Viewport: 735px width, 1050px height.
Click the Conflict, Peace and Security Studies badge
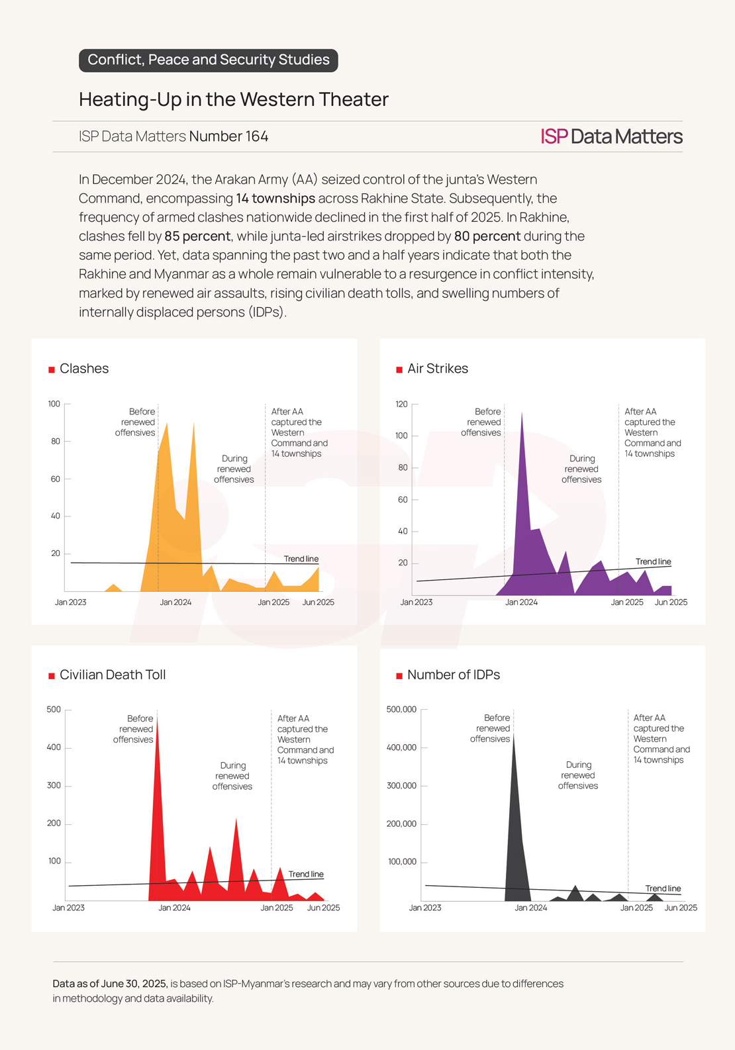coord(208,60)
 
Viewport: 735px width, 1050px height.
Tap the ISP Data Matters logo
coord(611,136)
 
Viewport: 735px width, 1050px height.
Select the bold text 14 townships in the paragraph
coord(275,199)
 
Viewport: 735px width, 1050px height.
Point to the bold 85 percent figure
coord(197,236)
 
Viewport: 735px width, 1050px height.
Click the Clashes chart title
coord(83,369)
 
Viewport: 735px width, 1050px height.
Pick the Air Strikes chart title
coord(437,369)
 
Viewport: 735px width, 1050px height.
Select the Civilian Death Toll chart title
coord(113,675)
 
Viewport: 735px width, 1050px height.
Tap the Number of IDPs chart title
coord(453,675)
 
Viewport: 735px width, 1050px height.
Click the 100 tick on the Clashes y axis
coord(54,404)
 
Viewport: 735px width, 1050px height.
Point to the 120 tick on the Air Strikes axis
coord(401,404)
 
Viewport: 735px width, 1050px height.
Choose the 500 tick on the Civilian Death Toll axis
coord(54,710)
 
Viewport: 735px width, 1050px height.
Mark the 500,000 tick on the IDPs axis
coord(401,710)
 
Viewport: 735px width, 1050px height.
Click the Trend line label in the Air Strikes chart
coord(653,561)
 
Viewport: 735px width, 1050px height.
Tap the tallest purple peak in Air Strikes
coord(522,414)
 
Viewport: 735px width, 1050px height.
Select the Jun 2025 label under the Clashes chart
coord(318,602)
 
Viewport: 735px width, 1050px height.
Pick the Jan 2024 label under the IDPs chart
coord(530,908)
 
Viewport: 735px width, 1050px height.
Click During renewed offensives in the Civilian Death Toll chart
coord(232,776)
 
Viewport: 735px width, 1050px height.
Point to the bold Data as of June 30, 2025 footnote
coord(110,984)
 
